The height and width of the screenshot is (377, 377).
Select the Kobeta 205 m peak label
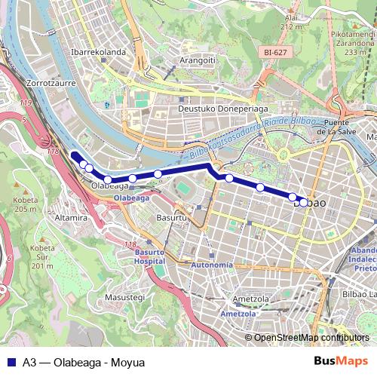tap(25, 204)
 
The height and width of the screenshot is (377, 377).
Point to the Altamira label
tap(72, 218)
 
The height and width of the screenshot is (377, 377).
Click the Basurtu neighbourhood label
tap(171, 218)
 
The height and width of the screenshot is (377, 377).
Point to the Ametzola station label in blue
tap(238, 313)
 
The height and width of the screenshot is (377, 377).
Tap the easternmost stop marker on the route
tap(303, 202)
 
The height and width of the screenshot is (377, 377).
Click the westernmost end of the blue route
tap(74, 155)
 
